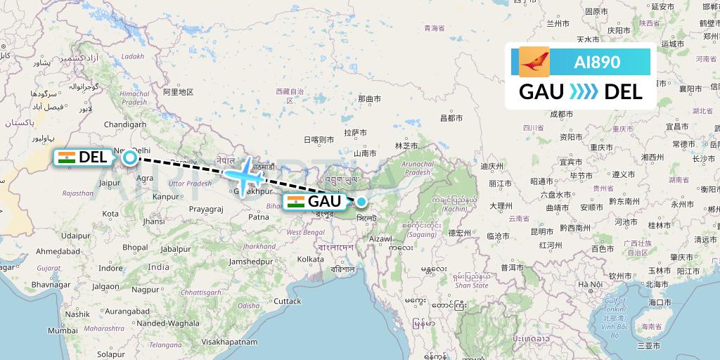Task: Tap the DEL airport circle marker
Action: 130,157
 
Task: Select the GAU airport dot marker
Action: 361,183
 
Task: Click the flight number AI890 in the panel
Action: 597,62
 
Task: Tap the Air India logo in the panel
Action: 534,62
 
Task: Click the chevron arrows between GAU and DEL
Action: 583,91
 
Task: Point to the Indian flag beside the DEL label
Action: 67,157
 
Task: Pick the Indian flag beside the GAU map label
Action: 296,202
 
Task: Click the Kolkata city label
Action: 310,259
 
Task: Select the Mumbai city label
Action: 63,330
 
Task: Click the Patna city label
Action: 258,217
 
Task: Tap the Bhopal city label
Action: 135,247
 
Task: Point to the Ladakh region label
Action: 132,56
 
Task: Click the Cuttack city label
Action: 287,301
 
